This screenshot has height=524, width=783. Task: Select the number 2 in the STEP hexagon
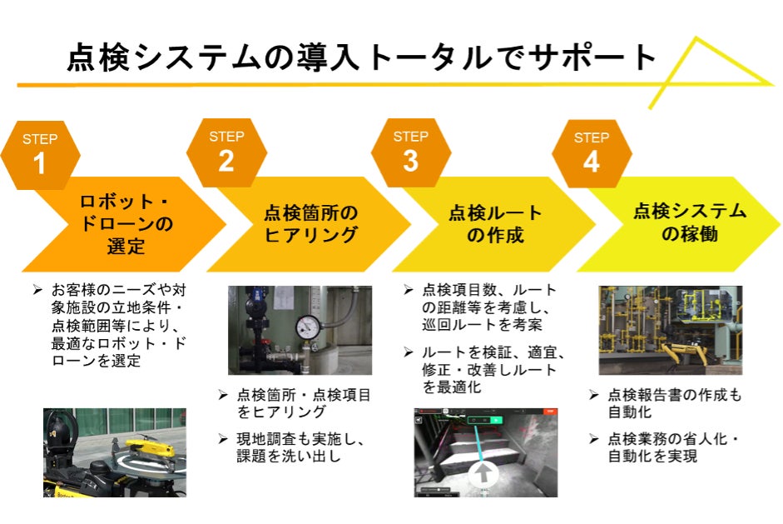pyautogui.click(x=226, y=162)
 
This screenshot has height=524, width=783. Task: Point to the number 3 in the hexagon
pyautogui.click(x=410, y=162)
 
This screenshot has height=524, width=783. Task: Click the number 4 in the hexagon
pyautogui.click(x=591, y=162)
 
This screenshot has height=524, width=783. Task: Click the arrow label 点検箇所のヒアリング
pyautogui.click(x=310, y=224)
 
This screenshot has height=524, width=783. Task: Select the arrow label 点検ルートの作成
pyautogui.click(x=495, y=224)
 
